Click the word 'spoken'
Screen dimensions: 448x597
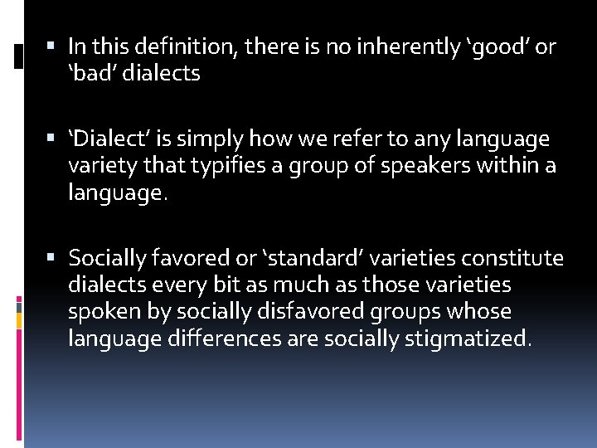(97, 312)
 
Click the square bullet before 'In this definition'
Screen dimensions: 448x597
(53, 47)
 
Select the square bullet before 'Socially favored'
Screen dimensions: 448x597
(53, 259)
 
